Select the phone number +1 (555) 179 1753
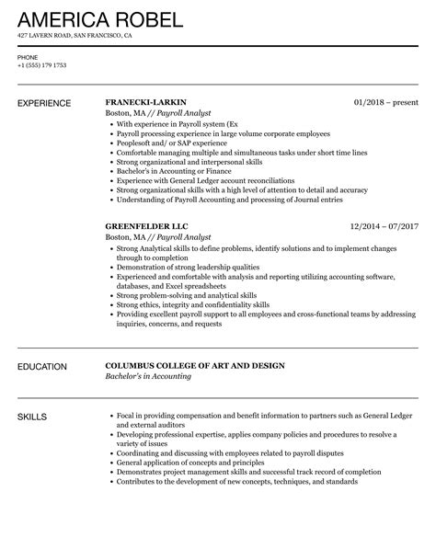pyautogui.click(x=43, y=64)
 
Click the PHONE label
pyautogui.click(x=28, y=56)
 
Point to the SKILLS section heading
pyautogui.click(x=36, y=417)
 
